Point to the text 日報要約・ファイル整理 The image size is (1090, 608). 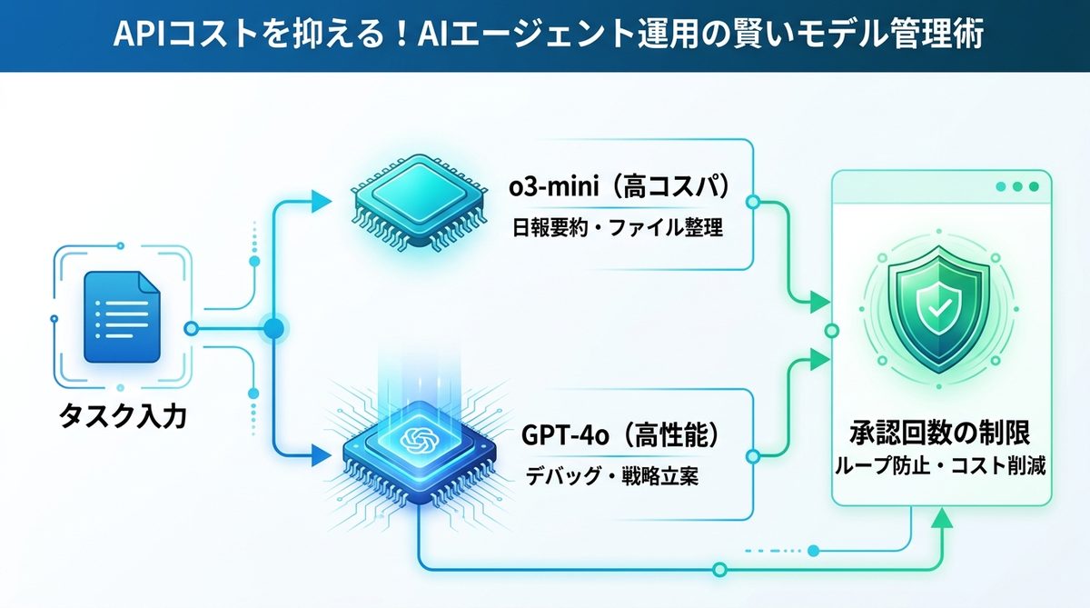[618, 227]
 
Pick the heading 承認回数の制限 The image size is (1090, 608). [940, 431]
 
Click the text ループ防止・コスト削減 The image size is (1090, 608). [940, 467]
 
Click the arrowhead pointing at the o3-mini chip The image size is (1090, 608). [320, 202]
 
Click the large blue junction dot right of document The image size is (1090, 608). [273, 327]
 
